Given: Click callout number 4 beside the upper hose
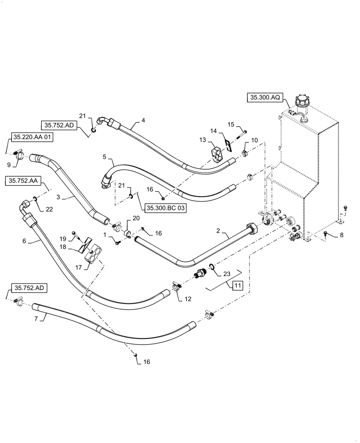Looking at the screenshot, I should tap(143, 120).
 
